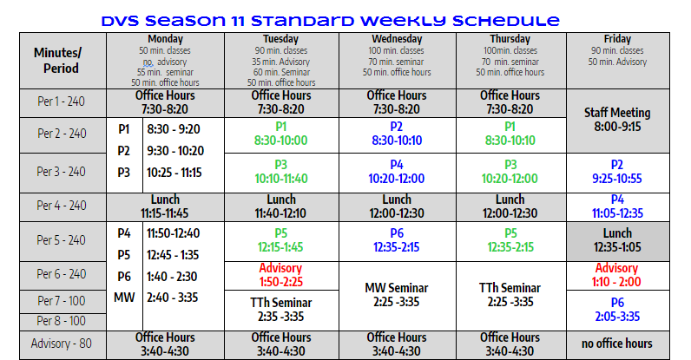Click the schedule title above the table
pos(330,21)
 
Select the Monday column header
pos(165,61)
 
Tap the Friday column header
pos(617,61)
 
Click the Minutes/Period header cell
pos(63,61)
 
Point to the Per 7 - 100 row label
pos(63,301)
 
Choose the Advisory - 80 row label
pos(63,344)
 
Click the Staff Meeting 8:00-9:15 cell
pos(617,121)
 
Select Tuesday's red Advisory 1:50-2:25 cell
pos(281,275)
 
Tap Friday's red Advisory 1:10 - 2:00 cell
pos(617,275)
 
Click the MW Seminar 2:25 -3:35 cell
pos(397,296)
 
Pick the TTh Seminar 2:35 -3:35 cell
pos(281,311)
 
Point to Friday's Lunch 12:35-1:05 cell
pos(617,241)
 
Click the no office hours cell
pos(617,344)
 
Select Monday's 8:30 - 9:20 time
pos(174,129)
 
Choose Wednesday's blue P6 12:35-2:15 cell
pos(397,241)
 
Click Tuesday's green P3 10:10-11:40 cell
pos(281,173)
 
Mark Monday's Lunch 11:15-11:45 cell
pos(165,206)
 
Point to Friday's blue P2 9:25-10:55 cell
pos(617,173)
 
